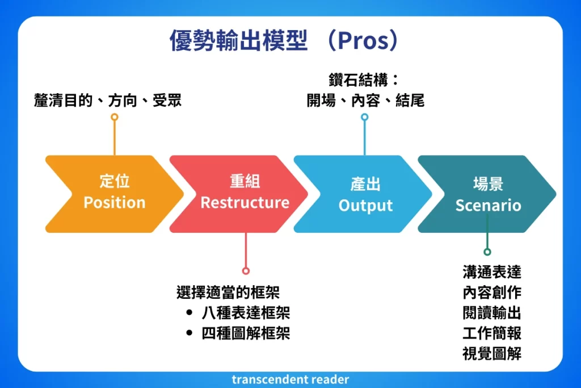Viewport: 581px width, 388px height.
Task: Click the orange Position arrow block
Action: (x=114, y=193)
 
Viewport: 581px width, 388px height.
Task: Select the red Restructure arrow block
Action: (x=244, y=193)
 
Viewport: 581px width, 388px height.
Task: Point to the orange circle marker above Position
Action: (x=115, y=118)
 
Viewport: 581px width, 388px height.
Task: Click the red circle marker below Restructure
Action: (x=246, y=271)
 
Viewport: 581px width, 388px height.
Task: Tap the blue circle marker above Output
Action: (x=365, y=118)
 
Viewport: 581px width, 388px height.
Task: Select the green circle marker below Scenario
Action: (x=487, y=252)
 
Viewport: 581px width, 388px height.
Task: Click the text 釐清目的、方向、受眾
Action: (x=108, y=102)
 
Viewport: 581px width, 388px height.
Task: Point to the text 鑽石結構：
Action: (x=364, y=80)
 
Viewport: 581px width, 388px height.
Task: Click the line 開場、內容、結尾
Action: (x=365, y=101)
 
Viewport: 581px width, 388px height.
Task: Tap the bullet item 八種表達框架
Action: (x=246, y=312)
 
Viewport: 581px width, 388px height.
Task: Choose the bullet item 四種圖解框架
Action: (x=246, y=333)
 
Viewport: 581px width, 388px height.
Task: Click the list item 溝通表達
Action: (x=492, y=272)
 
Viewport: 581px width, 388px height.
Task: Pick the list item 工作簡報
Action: (x=492, y=333)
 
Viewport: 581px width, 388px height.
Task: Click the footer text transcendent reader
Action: (x=290, y=379)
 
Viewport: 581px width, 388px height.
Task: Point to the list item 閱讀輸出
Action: (x=492, y=312)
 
